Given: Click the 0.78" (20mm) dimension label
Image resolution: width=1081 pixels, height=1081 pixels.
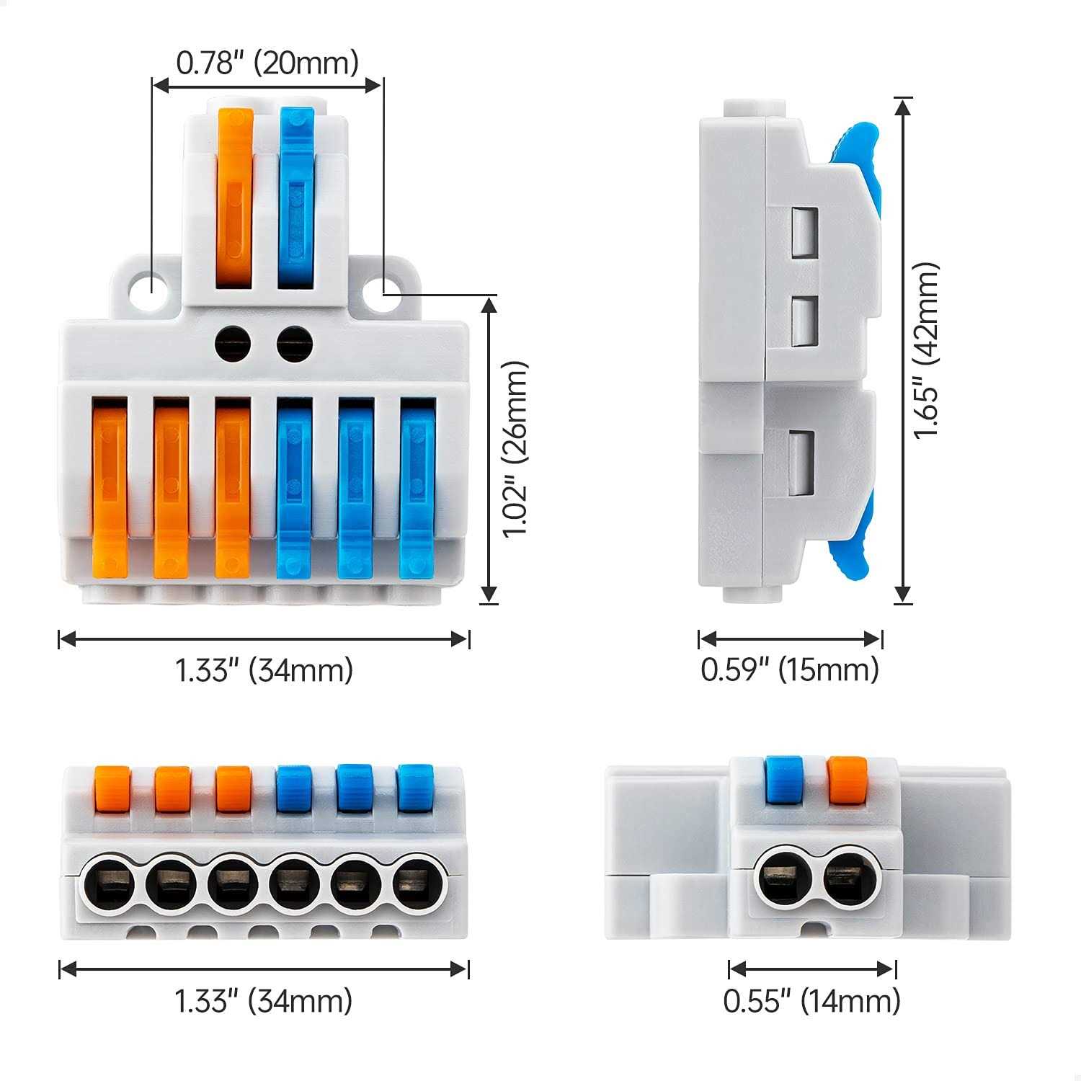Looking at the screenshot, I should tap(267, 63).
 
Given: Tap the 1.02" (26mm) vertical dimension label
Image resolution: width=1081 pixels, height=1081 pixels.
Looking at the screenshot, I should tap(516, 449).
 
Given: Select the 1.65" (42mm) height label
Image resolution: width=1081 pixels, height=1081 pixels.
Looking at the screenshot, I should tap(927, 352).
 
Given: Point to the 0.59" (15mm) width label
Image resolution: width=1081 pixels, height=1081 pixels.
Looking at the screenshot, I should tap(790, 669).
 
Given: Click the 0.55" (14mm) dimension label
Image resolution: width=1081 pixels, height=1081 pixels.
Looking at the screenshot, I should tap(812, 1001).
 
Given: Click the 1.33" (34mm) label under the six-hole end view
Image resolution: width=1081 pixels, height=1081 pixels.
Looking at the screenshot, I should tap(264, 1001).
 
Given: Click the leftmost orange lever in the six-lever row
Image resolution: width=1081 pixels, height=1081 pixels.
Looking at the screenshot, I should tap(110, 490).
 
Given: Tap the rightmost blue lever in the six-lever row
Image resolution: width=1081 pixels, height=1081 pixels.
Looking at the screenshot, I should tap(417, 490).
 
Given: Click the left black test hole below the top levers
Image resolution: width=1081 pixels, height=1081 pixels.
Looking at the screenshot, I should tap(232, 342).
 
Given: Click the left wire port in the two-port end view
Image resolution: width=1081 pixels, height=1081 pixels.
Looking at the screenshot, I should tap(782, 879).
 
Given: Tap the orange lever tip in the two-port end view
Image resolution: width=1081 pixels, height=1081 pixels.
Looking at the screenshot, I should tap(846, 778).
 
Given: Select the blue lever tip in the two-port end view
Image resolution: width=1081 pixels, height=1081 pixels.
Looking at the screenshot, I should tap(784, 778).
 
